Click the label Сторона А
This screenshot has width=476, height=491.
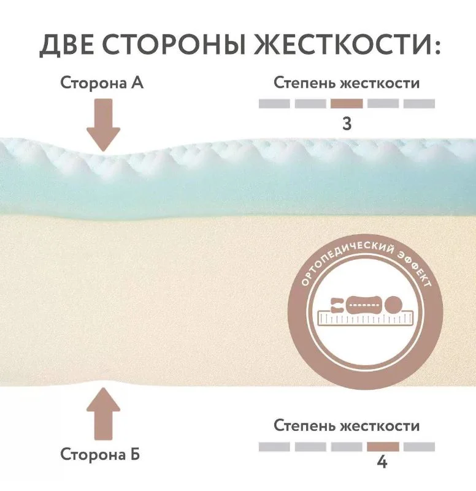102,83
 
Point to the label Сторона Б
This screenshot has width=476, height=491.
100,454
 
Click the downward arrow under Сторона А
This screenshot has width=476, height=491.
104,125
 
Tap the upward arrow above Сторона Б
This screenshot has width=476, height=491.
104,414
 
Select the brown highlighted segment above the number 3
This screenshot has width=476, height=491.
347,104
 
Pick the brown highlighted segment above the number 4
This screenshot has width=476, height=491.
383,446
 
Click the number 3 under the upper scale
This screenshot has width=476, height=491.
347,124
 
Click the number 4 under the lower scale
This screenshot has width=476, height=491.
382,462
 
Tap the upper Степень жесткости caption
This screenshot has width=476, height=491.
347,83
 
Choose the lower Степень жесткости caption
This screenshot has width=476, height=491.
347,425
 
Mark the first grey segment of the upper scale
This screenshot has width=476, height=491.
274,104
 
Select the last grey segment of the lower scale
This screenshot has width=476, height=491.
419,446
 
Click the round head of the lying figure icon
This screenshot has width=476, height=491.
393,304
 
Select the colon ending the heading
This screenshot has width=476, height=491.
437,47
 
